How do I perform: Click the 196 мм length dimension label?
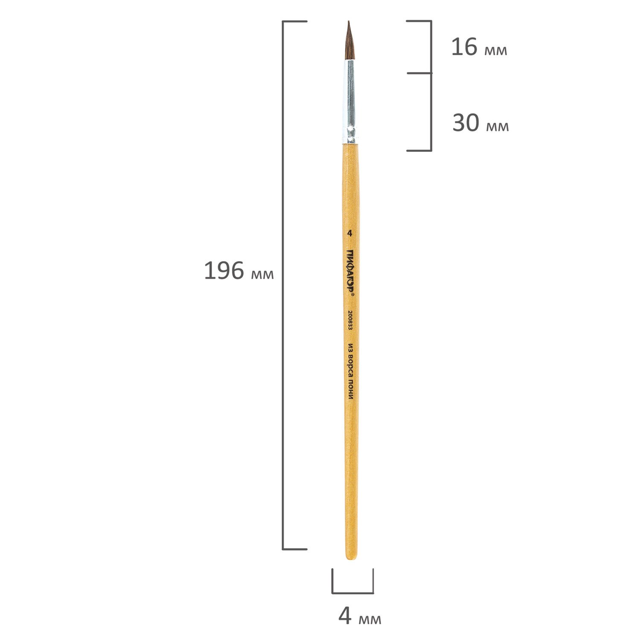(239, 271)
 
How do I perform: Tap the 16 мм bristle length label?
(479, 47)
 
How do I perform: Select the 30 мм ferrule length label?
(480, 123)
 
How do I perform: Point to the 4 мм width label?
(360, 616)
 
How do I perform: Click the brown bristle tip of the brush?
(349, 41)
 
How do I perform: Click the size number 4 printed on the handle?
(349, 233)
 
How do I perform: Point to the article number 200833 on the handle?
(349, 320)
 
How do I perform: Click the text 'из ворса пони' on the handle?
(350, 371)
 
